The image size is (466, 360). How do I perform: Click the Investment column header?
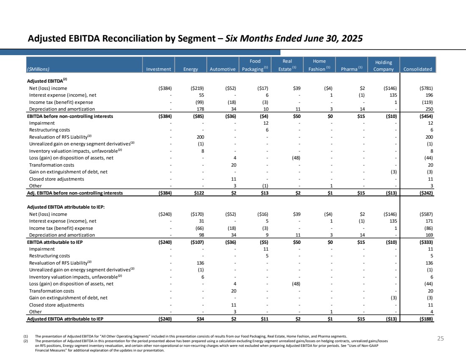point(158,69)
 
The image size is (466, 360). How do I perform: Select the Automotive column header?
point(222,69)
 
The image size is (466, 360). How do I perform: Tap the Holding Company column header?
point(383,66)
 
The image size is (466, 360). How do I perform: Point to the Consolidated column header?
point(418,69)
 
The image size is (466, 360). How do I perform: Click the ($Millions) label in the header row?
point(38,69)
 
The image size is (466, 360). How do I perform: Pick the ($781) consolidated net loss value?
point(426,88)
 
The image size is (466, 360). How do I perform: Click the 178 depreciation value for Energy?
point(200,109)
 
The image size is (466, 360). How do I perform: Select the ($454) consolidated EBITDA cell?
point(426,116)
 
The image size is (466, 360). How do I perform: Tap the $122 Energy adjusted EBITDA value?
point(199,193)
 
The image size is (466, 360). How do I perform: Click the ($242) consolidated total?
point(426,193)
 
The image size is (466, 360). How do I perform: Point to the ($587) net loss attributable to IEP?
point(426,214)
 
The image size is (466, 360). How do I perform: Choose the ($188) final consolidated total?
point(426,319)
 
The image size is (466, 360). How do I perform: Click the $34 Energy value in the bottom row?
point(200,319)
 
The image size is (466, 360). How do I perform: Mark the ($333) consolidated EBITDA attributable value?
point(426,242)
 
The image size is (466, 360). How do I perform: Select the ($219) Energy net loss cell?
point(197,88)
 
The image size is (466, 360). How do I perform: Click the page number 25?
point(441,338)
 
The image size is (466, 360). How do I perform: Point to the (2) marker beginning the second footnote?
point(25,341)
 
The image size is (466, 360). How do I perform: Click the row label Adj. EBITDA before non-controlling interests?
point(75,193)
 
